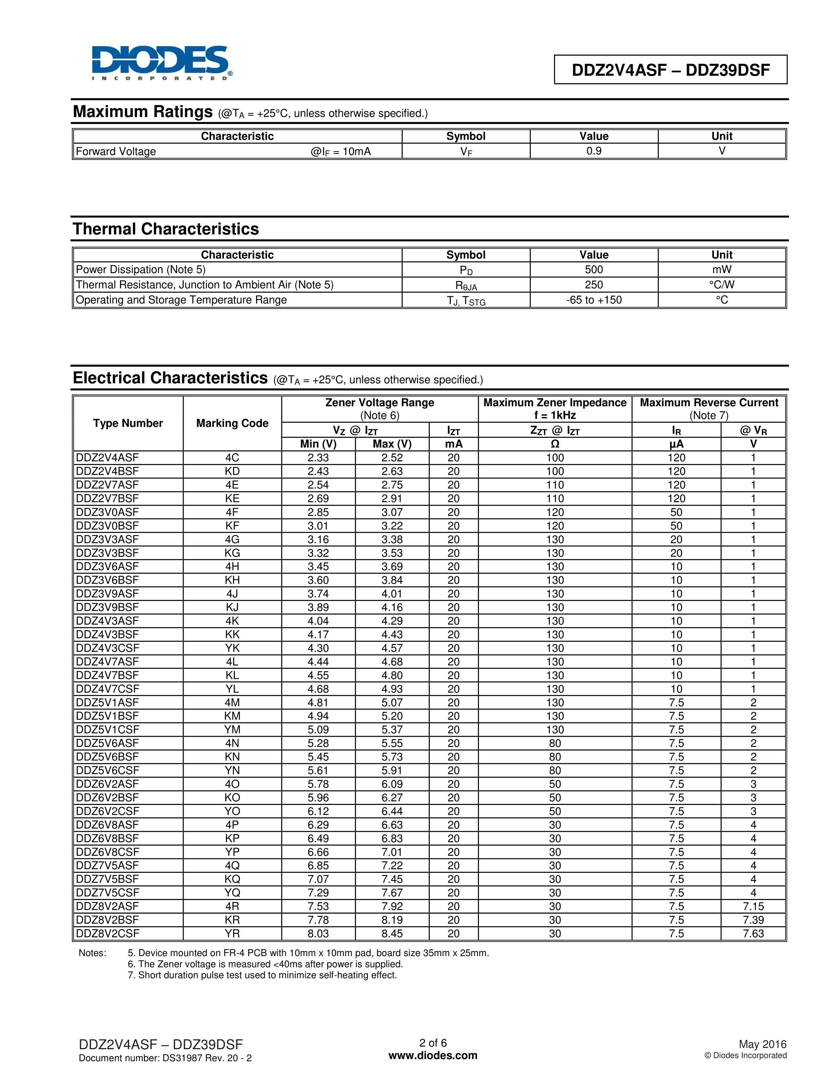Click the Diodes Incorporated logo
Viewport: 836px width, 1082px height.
161,63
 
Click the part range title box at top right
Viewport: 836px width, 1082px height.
670,70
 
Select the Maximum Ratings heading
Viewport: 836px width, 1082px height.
143,112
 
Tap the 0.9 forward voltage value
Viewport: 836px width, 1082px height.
593,151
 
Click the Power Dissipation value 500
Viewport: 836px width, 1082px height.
593,270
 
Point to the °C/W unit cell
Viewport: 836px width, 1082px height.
722,285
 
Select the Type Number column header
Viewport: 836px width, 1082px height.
128,423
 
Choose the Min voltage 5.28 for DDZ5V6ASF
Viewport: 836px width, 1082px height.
318,743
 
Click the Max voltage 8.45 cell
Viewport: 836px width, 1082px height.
392,933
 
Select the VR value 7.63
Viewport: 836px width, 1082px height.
753,933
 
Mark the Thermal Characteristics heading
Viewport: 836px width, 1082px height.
166,229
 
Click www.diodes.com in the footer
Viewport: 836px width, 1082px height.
433,1055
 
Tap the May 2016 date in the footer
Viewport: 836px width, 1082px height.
762,1044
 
